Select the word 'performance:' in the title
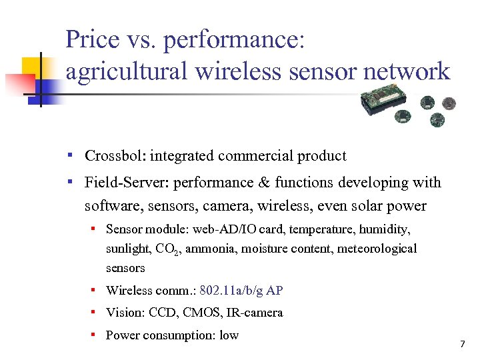click(235, 41)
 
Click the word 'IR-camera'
click(257, 313)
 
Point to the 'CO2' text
click(167, 249)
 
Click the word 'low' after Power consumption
click(229, 335)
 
